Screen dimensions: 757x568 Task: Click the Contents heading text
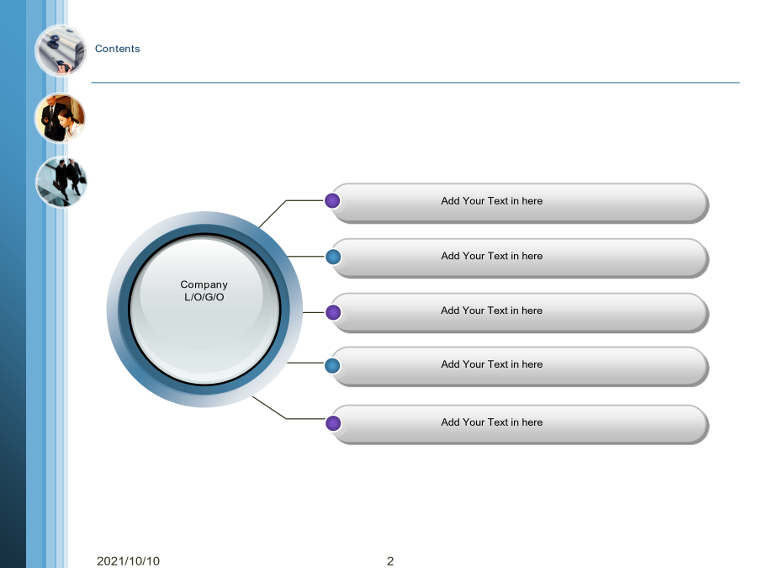[117, 49]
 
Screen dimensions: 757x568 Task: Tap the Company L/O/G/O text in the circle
[204, 291]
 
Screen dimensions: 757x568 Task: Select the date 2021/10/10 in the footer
[128, 560]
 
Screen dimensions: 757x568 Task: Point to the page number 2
[390, 560]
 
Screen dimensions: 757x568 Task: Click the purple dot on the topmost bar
[332, 200]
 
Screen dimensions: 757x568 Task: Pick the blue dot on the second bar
[333, 257]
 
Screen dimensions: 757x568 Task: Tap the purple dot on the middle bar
[333, 312]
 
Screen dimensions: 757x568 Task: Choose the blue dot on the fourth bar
[332, 366]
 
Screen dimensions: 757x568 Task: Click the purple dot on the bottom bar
[333, 423]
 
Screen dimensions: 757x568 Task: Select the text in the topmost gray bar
[491, 201]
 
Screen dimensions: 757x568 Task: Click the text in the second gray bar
[491, 256]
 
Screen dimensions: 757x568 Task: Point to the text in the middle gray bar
[491, 311]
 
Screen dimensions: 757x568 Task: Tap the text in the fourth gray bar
[491, 364]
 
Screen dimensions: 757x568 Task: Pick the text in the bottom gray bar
[491, 422]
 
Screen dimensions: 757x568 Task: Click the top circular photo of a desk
[61, 50]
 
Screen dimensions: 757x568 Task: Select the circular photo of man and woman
[61, 119]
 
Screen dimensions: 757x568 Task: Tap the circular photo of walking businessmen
[61, 182]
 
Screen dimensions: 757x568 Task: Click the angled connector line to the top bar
[286, 200]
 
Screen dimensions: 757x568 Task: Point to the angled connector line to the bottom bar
[286, 418]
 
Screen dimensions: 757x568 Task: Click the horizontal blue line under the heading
[416, 82]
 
